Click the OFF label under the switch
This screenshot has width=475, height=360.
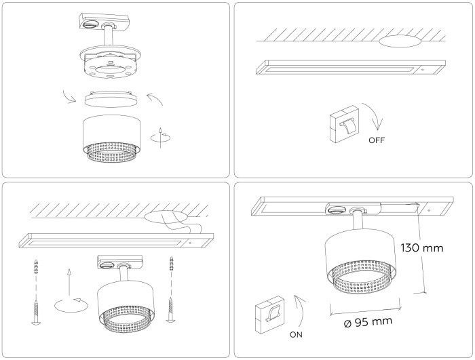pos(376,142)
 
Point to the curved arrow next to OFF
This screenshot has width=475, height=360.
pos(375,116)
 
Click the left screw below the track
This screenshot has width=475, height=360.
pos(36,312)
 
